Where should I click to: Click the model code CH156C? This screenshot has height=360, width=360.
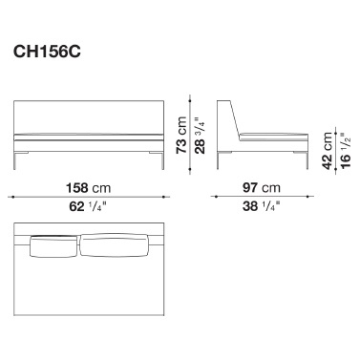coord(47,52)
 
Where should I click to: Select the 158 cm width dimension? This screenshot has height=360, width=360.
coord(88,188)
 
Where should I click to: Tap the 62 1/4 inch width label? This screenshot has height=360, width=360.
coord(88,207)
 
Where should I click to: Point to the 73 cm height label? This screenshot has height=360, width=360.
coord(181,135)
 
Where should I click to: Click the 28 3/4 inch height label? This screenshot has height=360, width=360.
coord(200,136)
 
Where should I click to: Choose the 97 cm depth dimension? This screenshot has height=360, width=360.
coord(262,188)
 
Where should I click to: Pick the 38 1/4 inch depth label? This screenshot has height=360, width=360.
coord(262,206)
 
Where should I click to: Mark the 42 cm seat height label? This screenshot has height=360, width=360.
coord(327,150)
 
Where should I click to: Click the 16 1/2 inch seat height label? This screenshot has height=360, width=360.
coord(346,150)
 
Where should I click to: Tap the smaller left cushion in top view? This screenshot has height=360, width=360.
coord(53,246)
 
